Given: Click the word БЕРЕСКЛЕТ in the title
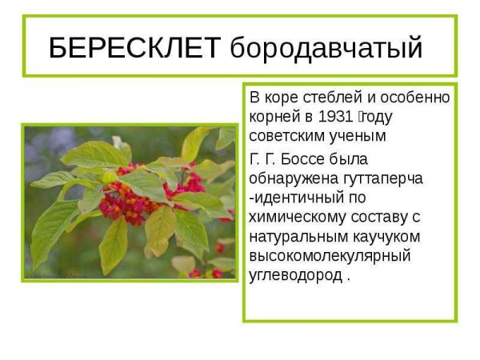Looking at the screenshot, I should click(x=134, y=48).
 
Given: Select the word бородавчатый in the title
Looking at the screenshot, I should click(x=326, y=49).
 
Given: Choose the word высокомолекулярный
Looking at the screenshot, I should click(x=330, y=256).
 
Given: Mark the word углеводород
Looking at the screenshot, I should click(x=295, y=276).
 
